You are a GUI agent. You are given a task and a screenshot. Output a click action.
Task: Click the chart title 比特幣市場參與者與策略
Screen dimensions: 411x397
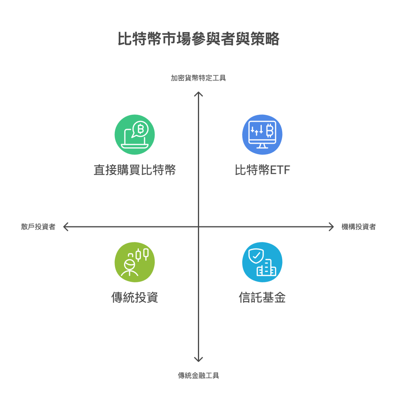coord(198,39)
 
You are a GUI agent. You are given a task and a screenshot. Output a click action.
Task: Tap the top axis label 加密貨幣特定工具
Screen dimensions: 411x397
coord(198,78)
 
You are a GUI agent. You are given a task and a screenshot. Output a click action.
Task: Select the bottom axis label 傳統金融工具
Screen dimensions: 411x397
coord(198,376)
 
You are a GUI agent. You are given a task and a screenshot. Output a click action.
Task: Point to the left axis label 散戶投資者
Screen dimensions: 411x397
coord(38,227)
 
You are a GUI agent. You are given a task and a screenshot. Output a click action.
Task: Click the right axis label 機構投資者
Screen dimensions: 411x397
coord(358,227)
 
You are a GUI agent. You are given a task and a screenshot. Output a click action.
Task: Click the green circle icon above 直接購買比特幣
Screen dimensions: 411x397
coord(134,134)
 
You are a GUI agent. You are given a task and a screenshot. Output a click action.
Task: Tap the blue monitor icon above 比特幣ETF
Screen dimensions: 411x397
coord(262,134)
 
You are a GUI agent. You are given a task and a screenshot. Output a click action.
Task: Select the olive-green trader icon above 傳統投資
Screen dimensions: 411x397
coord(134,262)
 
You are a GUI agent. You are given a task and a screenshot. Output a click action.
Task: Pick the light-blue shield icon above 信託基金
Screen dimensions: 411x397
coord(262,262)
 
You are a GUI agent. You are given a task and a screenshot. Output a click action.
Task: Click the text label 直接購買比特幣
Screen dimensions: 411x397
coord(134,170)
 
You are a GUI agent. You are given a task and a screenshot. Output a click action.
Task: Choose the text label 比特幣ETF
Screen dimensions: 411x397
coord(262,170)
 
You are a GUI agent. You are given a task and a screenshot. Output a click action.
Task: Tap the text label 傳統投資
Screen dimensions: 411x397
coord(134,298)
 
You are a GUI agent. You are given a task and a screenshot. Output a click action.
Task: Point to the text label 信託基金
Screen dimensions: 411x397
coord(262,298)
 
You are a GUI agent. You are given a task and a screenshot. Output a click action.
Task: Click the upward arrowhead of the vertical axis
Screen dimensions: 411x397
coord(198,94)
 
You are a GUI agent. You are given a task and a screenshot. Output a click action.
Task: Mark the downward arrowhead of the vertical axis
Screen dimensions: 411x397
coord(198,359)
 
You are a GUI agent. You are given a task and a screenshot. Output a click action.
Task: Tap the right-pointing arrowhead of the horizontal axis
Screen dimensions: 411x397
coord(331,227)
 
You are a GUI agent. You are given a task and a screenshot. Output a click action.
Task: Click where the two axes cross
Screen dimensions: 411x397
coord(198,227)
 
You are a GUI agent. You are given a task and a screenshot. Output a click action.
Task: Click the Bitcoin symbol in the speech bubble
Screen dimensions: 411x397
coord(140,129)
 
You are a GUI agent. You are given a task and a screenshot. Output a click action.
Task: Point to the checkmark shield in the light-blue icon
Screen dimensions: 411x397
coord(256,255)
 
